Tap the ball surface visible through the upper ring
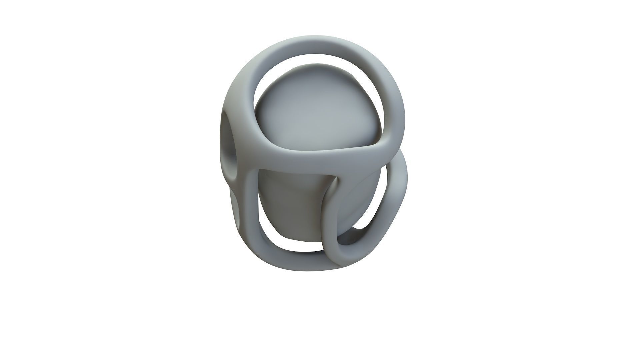click(317, 113)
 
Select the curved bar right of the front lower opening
click(328, 217)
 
